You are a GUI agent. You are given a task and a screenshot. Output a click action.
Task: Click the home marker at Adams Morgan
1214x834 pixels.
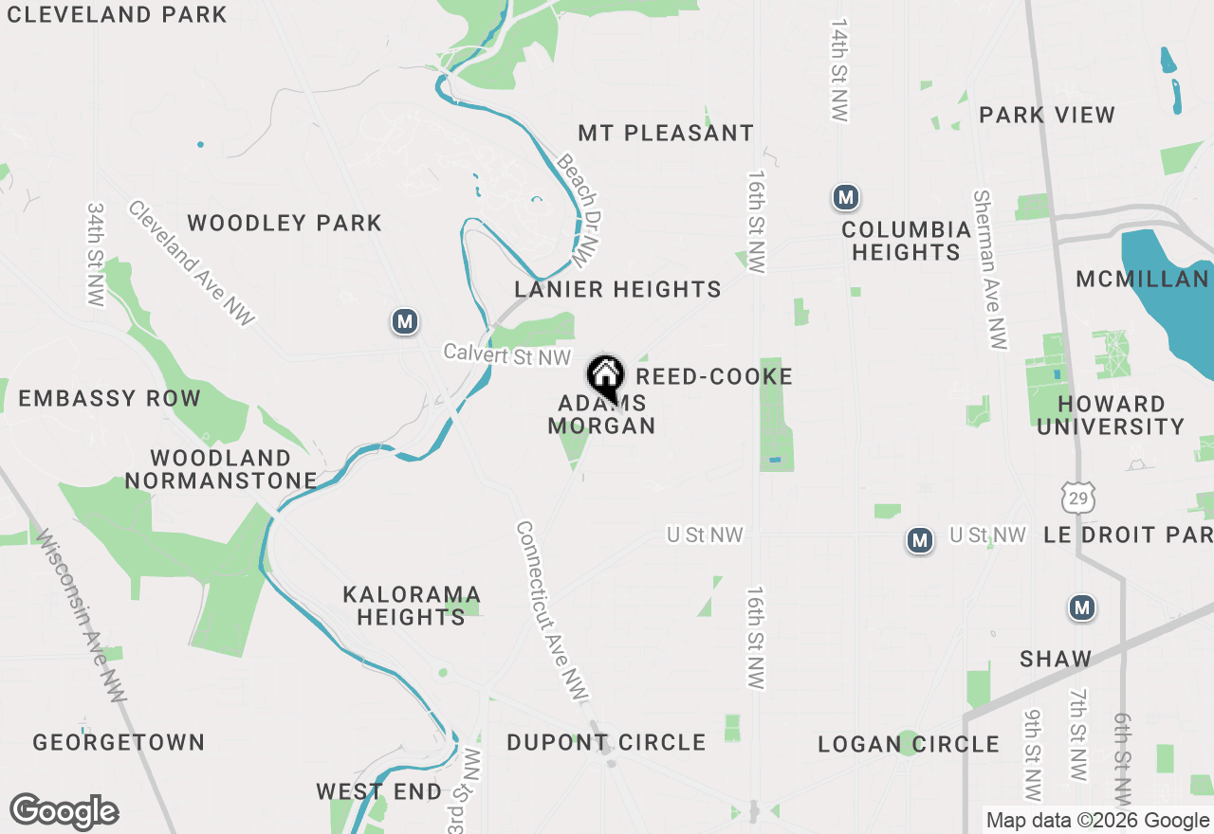605,376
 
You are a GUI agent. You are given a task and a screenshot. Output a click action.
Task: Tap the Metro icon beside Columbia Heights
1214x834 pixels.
845,198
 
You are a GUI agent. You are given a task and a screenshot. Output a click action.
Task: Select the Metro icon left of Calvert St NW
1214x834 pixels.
405,322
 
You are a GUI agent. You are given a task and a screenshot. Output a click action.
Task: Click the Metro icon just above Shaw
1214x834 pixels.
1082,608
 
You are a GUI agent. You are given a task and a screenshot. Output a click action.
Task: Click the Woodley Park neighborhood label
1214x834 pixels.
285,224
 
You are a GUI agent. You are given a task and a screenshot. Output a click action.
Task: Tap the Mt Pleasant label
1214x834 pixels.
666,134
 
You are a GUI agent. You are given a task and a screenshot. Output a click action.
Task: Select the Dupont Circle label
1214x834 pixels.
606,742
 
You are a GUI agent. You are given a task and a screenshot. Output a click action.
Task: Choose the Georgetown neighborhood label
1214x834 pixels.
119,742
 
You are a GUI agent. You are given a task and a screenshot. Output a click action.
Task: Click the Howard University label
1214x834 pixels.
1111,415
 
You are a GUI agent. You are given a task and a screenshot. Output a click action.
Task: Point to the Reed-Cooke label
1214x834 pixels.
714,377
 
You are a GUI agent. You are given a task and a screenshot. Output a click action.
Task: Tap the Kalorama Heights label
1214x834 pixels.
412,606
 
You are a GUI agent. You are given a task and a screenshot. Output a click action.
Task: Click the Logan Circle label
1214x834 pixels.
909,745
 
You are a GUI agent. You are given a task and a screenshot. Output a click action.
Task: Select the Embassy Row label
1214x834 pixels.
110,399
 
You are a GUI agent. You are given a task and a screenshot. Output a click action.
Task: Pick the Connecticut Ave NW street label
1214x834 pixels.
552,611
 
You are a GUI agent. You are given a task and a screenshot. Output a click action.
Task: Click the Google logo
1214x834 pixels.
64,812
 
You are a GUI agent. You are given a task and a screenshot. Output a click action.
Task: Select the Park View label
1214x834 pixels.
1047,116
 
